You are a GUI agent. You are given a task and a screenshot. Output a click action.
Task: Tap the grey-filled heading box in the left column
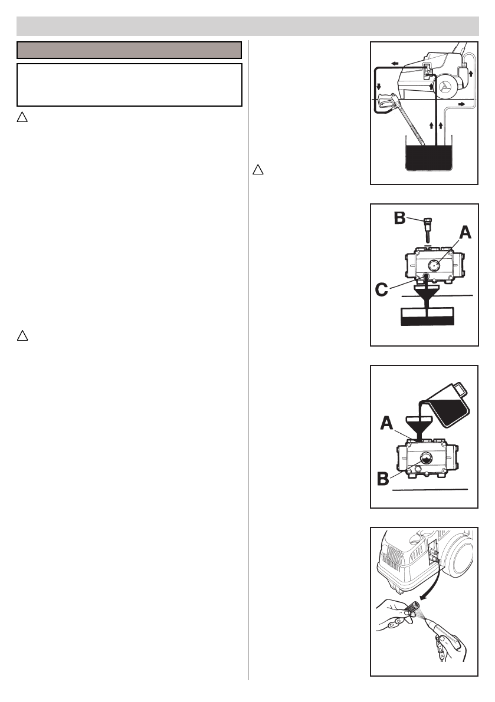click(x=129, y=50)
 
